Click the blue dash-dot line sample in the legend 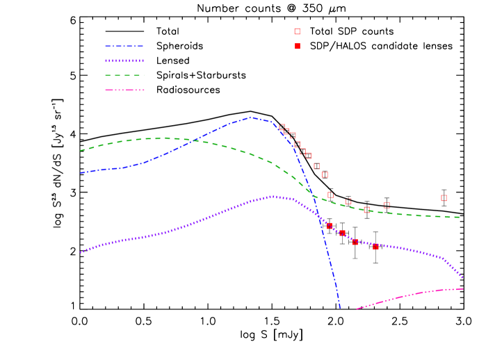pos(124,47)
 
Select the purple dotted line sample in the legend pos(124,61)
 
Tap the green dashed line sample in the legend pos(124,75)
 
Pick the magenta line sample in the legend pos(124,90)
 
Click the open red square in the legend pos(298,31)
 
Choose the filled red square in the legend pos(298,46)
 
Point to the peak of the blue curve pos(250,117)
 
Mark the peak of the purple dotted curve pos(273,197)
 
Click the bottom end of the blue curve pos(340,306)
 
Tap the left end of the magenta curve pos(357,309)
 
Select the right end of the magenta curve pos(463,288)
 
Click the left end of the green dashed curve pos(81,150)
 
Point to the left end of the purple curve pos(81,252)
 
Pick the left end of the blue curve pos(81,173)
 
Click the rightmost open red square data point pos(444,198)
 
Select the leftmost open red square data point pos(282,127)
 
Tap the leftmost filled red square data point pos(330,226)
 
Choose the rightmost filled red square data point pos(375,247)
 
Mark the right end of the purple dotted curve pos(463,278)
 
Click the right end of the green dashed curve pos(460,218)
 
